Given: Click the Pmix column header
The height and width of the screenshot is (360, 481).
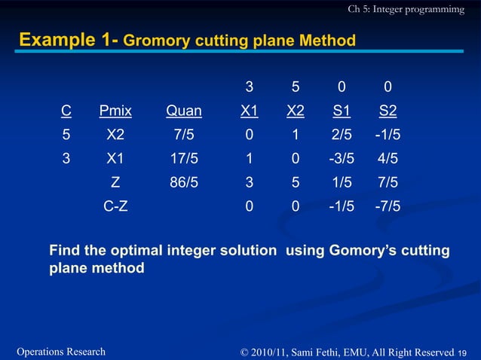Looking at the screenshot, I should pyautogui.click(x=115, y=111).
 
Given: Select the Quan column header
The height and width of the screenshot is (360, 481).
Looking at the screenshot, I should pyautogui.click(x=184, y=111).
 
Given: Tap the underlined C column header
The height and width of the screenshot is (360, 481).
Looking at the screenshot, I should pyautogui.click(x=66, y=111).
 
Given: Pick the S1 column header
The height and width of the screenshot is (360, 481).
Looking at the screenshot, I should pyautogui.click(x=342, y=111).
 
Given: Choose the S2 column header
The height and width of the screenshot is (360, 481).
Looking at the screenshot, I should pyautogui.click(x=388, y=111).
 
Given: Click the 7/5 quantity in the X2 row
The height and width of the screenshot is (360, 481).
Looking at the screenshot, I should pyautogui.click(x=184, y=135).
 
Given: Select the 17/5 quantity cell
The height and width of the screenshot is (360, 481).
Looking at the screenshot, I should pyautogui.click(x=184, y=158).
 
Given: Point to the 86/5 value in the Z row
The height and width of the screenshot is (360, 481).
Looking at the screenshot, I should pyautogui.click(x=184, y=182).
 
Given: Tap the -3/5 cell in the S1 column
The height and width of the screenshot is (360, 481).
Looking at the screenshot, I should pyautogui.click(x=342, y=158).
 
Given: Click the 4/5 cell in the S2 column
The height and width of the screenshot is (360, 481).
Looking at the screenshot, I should pyautogui.click(x=388, y=158).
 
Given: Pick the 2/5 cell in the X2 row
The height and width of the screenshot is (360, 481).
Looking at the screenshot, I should pyautogui.click(x=342, y=135).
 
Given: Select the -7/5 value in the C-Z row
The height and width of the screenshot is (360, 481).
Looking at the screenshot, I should pyautogui.click(x=388, y=205).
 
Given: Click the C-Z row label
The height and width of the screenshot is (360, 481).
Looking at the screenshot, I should pyautogui.click(x=115, y=205).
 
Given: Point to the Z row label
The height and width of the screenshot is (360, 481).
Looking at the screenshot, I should pyautogui.click(x=115, y=182).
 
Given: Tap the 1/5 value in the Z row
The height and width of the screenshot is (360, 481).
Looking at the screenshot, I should pyautogui.click(x=342, y=182).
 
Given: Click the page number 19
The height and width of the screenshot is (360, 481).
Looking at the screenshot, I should pyautogui.click(x=462, y=352).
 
